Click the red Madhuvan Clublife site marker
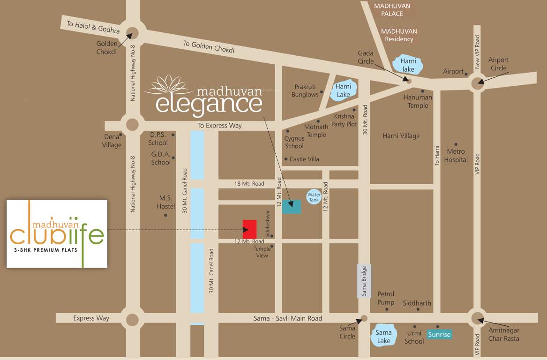(249, 229)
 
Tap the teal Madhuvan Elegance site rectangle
(292, 206)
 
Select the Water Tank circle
(314, 197)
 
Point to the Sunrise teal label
(439, 334)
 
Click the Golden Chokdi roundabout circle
(133, 33)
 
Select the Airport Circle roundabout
(478, 84)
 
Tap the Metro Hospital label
(456, 155)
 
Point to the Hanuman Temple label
(418, 101)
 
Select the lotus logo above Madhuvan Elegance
(167, 85)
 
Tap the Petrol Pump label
(386, 298)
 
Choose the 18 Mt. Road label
(249, 184)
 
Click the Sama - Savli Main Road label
(288, 318)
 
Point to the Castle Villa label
(304, 159)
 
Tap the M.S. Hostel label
(166, 202)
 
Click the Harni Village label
(401, 136)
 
